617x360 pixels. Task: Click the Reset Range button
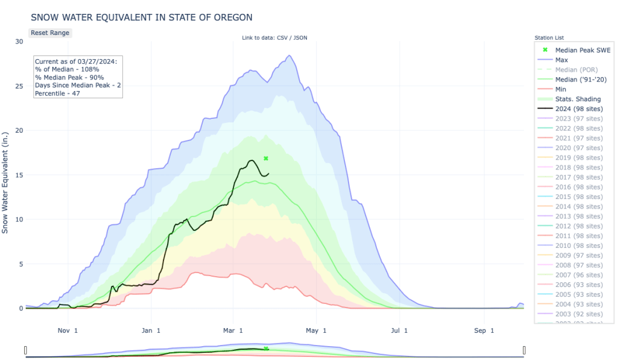tap(50, 33)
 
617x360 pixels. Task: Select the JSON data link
tap(300, 38)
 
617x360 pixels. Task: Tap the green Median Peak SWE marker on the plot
tap(266, 158)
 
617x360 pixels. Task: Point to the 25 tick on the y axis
tap(19, 86)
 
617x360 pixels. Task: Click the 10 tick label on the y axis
tap(19, 219)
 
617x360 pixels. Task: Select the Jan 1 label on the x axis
tap(151, 330)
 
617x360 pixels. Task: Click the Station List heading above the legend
tap(549, 38)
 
